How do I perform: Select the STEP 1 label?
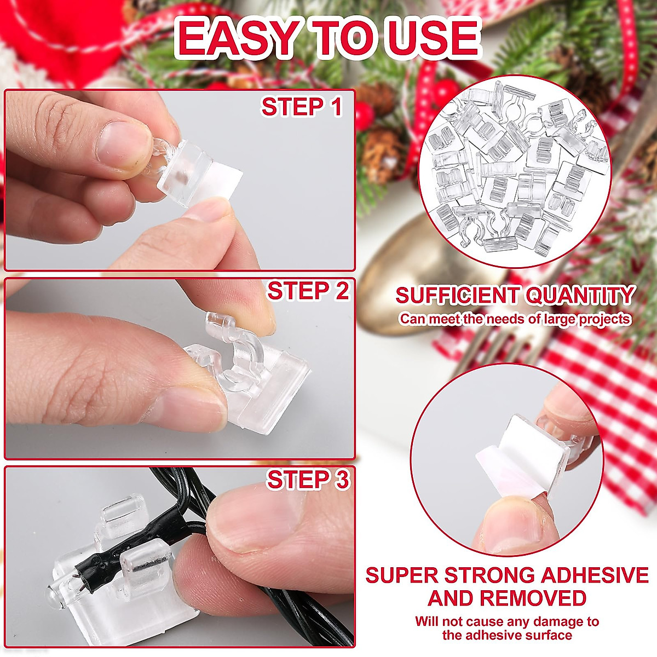(302, 107)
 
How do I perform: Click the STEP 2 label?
(308, 291)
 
